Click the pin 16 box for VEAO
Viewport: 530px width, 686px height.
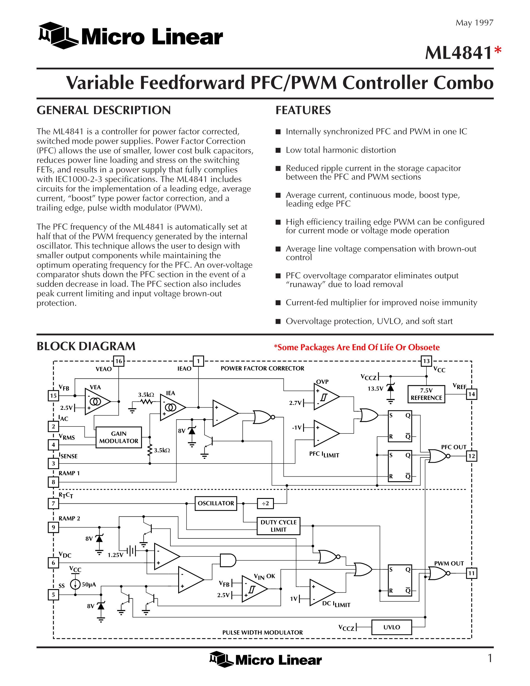(118, 361)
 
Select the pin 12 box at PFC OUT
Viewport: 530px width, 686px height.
(472, 456)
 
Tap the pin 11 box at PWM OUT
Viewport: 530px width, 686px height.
(472, 573)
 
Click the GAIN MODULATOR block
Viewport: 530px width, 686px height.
(119, 437)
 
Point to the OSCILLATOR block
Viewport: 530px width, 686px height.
(216, 503)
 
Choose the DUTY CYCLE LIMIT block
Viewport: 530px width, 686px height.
(279, 526)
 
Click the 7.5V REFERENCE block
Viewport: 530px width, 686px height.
(426, 394)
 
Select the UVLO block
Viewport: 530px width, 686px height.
(392, 627)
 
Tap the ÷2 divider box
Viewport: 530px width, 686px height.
(265, 504)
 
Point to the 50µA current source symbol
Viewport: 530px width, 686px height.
(75, 585)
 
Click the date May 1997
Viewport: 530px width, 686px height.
(474, 23)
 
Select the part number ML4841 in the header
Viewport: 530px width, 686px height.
(458, 53)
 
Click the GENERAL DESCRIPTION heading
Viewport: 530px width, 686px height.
(104, 110)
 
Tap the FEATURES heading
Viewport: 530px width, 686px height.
(303, 110)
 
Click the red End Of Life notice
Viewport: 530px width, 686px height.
(357, 347)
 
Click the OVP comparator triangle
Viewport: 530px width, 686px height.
(325, 397)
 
